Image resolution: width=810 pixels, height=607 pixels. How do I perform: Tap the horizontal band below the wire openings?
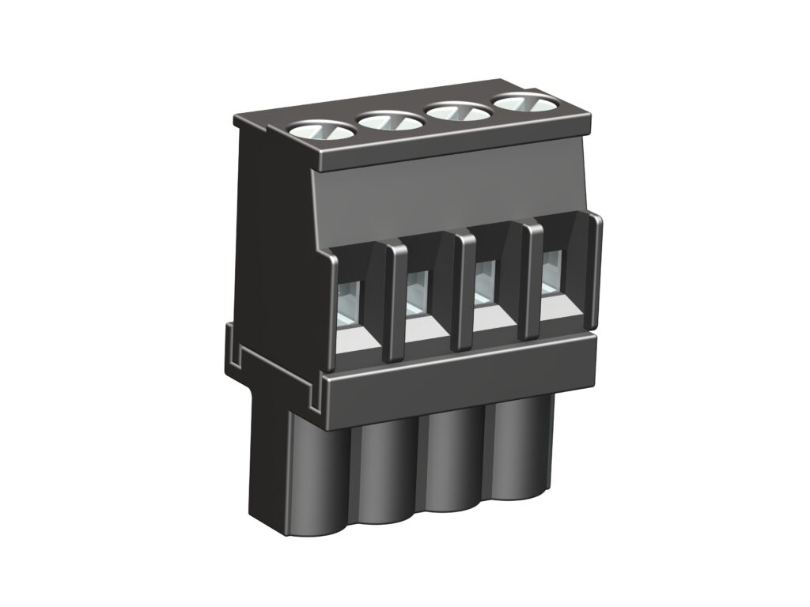point(459,379)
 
